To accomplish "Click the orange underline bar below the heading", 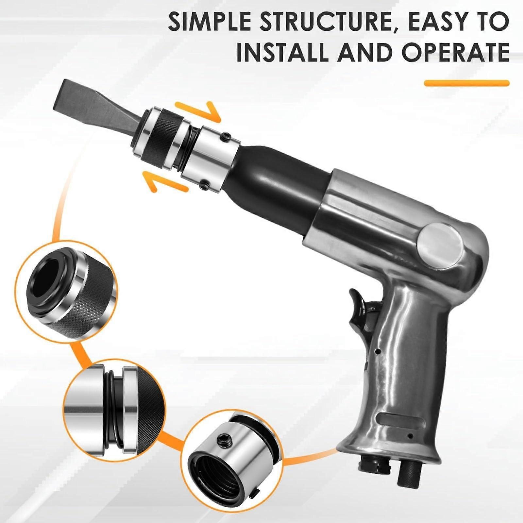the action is point(467,83).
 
